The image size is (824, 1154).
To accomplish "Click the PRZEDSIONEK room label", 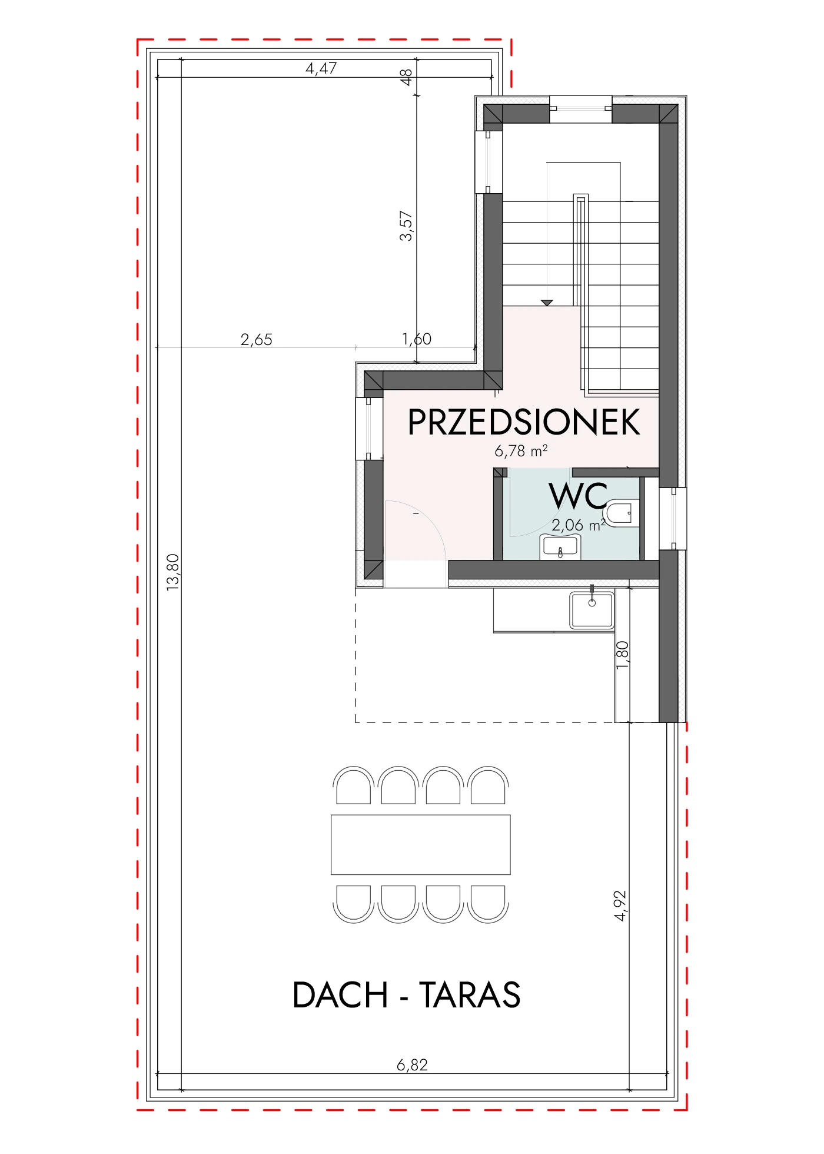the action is (x=524, y=422).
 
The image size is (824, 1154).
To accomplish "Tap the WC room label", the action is (x=579, y=496).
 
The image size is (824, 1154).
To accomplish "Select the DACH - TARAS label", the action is (x=406, y=995).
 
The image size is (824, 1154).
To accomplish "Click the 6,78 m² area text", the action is (x=521, y=451).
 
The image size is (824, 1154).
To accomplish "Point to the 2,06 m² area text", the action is (x=579, y=525).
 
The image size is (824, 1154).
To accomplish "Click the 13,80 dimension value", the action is (x=172, y=572).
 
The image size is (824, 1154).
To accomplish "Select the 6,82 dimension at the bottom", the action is (x=412, y=1065).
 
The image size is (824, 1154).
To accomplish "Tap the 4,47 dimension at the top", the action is (x=321, y=68).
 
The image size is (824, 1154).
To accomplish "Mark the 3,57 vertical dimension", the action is (x=406, y=226).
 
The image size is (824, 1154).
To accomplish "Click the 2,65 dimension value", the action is (x=257, y=340).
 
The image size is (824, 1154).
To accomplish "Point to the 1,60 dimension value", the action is (x=417, y=339).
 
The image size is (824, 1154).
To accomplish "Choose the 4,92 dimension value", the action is (x=620, y=906).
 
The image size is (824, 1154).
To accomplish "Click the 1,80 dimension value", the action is (x=622, y=655).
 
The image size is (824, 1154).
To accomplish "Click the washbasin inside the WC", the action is (x=560, y=547).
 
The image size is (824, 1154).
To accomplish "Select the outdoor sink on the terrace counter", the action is (x=592, y=610).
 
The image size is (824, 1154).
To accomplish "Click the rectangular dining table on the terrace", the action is (x=421, y=844).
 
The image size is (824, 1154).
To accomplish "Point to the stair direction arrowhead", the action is (x=547, y=303).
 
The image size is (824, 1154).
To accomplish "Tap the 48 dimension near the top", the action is (x=406, y=77).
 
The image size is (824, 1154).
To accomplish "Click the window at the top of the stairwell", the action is (x=581, y=109).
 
